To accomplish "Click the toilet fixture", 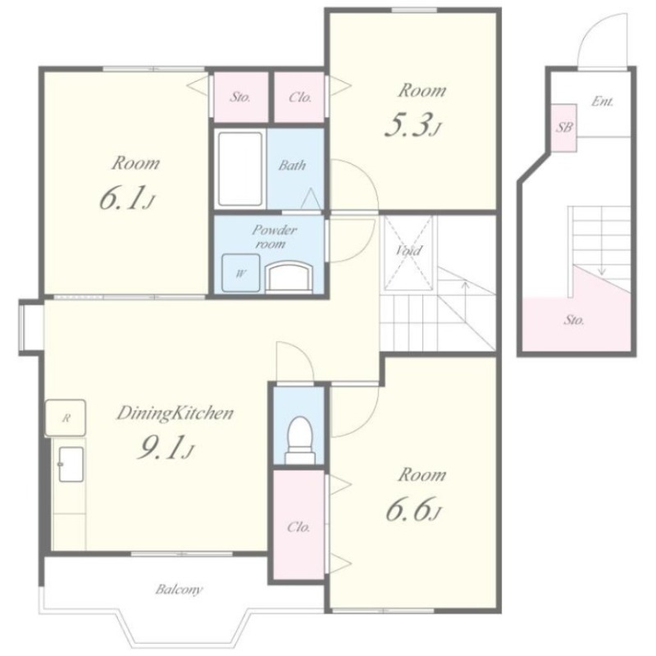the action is pos(300,440).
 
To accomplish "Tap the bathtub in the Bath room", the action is pos(240,169).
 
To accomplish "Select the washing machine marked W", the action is pos(240,273).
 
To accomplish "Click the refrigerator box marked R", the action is pos(66,418).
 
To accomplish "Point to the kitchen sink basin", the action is pos(71,464).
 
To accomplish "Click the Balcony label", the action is pos(179,590).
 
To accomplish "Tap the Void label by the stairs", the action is pos(408,250).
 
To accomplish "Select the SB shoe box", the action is pos(563,128).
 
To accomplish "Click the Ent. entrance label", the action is pos(603,102).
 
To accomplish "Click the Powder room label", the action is pos(273,236).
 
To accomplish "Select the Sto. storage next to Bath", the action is pos(240,98).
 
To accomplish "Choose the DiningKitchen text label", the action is pos(175,413).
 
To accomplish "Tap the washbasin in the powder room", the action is pos(289,275).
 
